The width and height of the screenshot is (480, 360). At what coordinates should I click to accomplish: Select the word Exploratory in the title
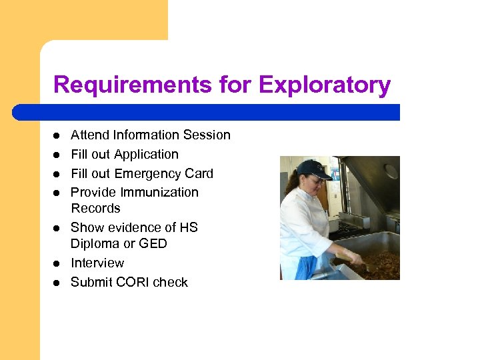tap(324, 85)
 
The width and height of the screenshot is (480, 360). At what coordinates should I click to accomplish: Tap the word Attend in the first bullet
tap(90, 135)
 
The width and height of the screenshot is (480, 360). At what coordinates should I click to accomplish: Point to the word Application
tap(146, 155)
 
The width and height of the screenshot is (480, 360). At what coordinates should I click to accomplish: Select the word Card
tap(199, 174)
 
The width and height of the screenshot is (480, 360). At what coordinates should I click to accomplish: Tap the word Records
tap(95, 208)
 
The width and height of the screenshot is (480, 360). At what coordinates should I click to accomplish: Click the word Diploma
tap(95, 244)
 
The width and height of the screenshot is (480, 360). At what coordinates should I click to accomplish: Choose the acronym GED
tap(153, 244)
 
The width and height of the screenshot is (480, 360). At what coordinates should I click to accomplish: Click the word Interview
tap(97, 263)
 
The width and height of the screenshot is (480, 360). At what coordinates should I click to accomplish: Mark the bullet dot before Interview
tap(57, 264)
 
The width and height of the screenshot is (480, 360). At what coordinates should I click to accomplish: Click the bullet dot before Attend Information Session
tap(57, 136)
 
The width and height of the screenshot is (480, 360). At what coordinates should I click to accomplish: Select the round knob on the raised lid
tap(391, 171)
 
